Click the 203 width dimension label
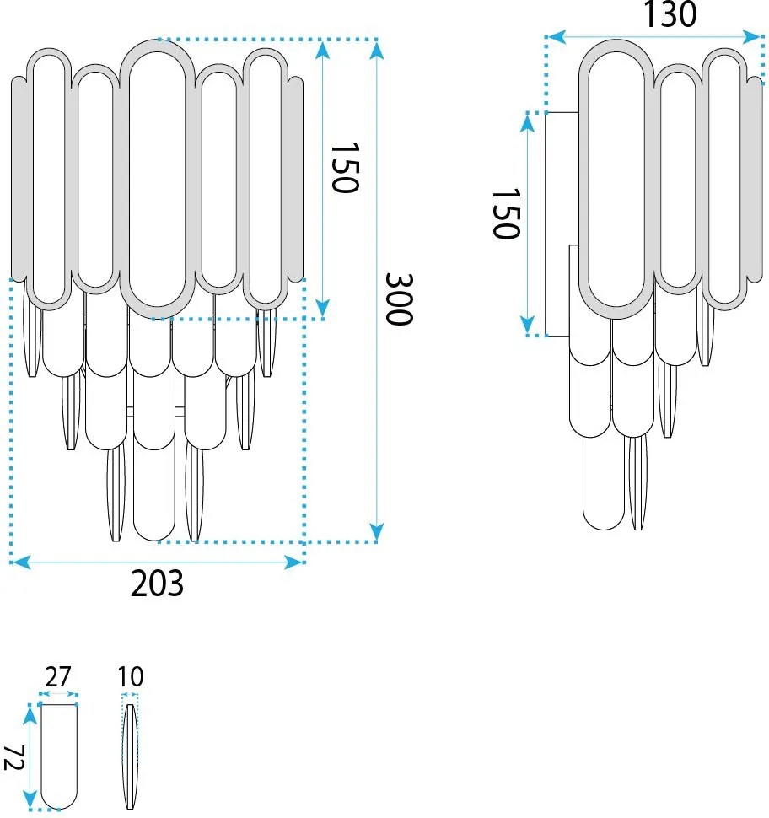pyautogui.click(x=157, y=584)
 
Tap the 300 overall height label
pyautogui.click(x=399, y=299)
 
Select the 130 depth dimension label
pyautogui.click(x=670, y=14)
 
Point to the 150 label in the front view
pyautogui.click(x=345, y=167)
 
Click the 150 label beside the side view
pyautogui.click(x=506, y=214)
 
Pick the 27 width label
pyautogui.click(x=57, y=676)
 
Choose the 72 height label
pyautogui.click(x=14, y=758)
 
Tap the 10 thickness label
pyautogui.click(x=130, y=676)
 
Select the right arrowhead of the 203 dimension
pyautogui.click(x=294, y=562)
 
